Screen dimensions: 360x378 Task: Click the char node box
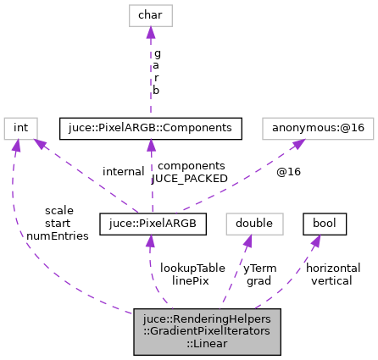pos(150,14)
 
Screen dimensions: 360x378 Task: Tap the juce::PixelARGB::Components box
pos(151,128)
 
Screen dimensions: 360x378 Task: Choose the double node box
pos(253,224)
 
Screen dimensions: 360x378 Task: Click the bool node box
pos(325,224)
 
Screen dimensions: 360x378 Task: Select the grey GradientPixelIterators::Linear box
pos(207,331)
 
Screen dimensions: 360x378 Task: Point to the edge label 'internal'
pos(124,172)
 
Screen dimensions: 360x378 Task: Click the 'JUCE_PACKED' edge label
pos(190,179)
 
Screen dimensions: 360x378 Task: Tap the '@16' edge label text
pos(288,172)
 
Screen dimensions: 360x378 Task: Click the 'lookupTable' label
pos(192,268)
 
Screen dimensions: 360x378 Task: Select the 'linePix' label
pos(190,280)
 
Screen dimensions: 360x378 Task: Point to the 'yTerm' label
pos(259,268)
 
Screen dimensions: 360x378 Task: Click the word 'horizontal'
pos(333,268)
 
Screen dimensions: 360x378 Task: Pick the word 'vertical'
pos(332,280)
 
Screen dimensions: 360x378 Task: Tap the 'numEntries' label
pos(58,236)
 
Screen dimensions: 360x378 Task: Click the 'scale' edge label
pos(59,210)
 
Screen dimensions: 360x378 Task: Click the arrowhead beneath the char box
pos(150,33)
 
